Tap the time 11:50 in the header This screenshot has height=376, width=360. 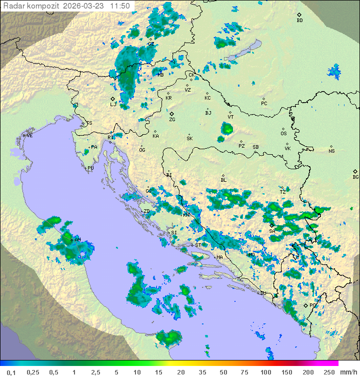(120, 6)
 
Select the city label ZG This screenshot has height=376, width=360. (172, 120)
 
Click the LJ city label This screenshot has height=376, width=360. (113, 105)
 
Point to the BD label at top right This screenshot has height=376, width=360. (299, 21)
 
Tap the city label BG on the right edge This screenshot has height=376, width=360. (355, 177)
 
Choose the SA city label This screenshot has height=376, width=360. (272, 231)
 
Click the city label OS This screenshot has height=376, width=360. (283, 134)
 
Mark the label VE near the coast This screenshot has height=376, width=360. (29, 136)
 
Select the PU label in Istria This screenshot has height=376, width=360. (90, 168)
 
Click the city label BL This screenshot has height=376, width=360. (223, 180)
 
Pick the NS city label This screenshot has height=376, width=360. (331, 151)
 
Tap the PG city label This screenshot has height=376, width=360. (313, 305)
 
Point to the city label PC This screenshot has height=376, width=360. (264, 104)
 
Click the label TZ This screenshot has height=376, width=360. (282, 192)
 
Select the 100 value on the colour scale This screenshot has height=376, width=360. (265, 372)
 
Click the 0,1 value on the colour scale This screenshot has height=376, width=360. (11, 372)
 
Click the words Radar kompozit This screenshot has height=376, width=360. (28, 6)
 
